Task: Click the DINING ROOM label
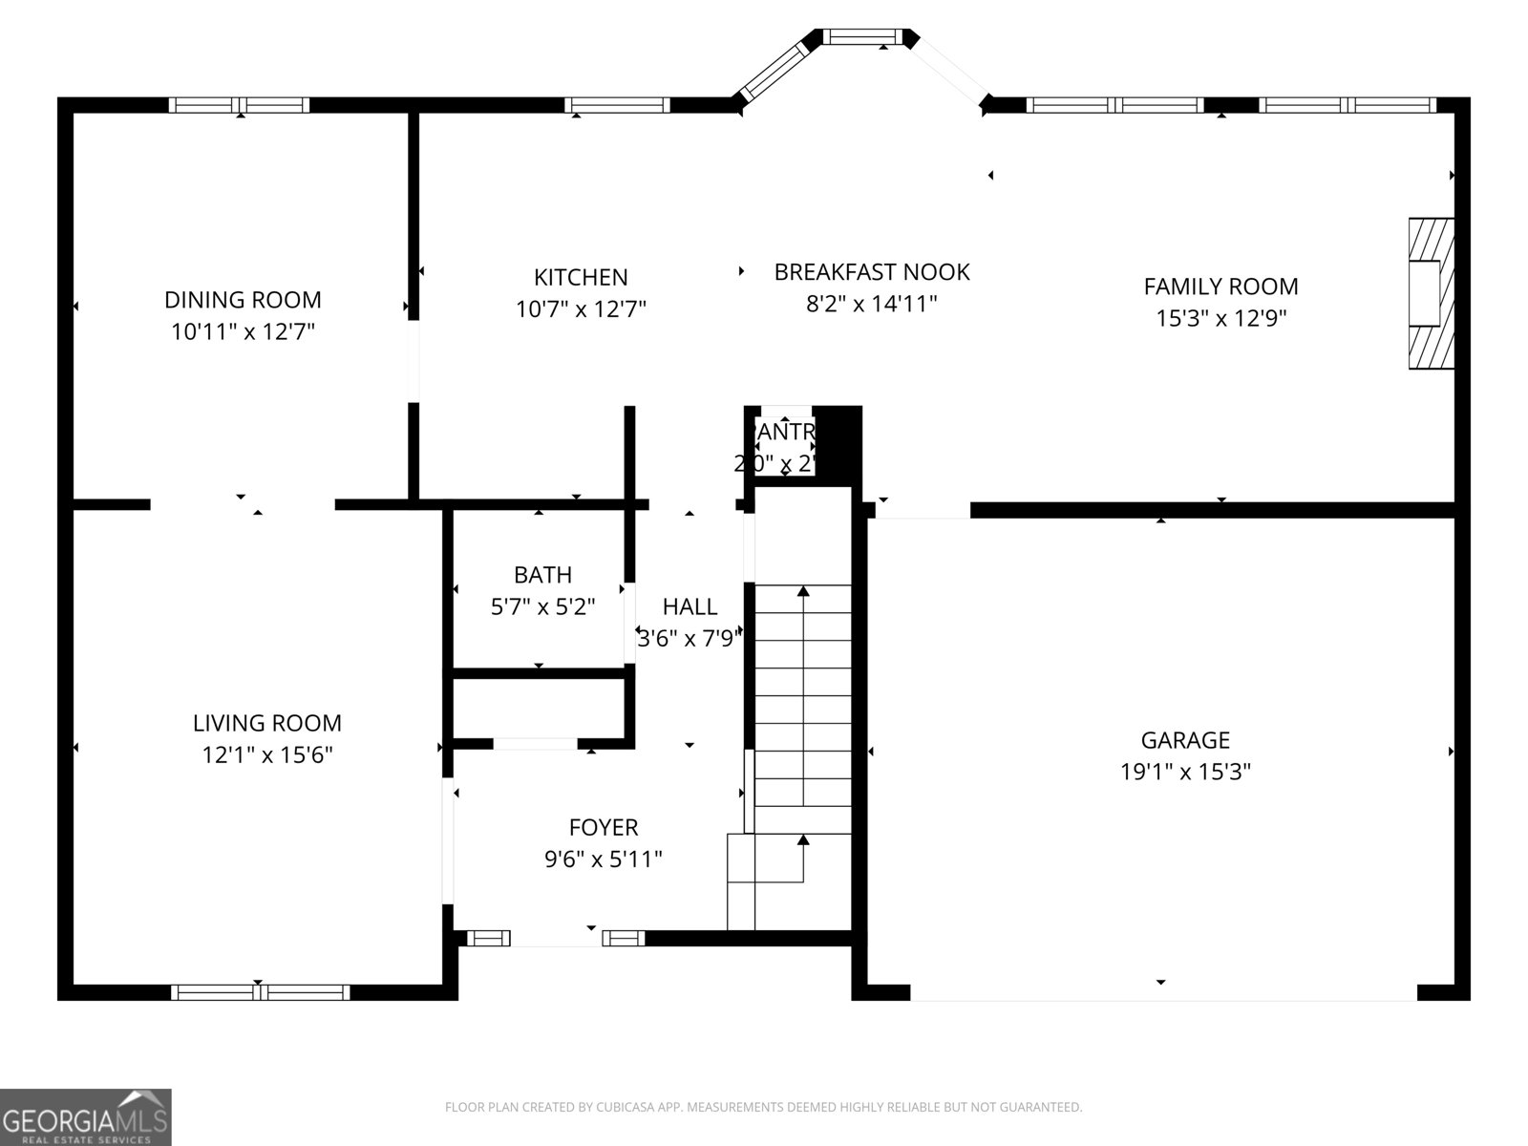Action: tap(243, 300)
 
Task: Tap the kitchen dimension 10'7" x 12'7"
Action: tap(581, 309)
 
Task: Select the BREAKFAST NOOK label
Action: tap(871, 272)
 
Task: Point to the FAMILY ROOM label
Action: tap(1220, 286)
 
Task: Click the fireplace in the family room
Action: tap(1430, 293)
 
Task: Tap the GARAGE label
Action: tap(1185, 740)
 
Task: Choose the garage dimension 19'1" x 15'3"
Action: tap(1185, 772)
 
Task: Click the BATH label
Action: tap(542, 575)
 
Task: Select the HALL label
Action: tap(690, 606)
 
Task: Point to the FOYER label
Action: tap(603, 827)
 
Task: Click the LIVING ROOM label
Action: tap(266, 723)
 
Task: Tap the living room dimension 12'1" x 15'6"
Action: tap(266, 755)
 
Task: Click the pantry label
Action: tap(785, 433)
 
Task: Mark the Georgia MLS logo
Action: tap(86, 1116)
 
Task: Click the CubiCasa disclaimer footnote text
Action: tap(762, 1108)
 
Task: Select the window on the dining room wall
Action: tap(239, 105)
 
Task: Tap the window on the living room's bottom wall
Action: tap(260, 992)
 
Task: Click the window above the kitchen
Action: tap(616, 105)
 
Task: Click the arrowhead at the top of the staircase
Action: tap(803, 592)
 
